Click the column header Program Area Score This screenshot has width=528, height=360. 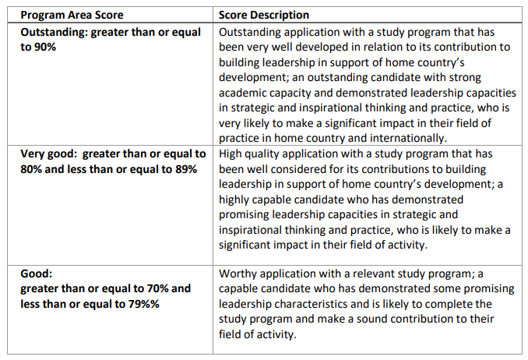tap(72, 15)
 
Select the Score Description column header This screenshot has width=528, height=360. tap(264, 15)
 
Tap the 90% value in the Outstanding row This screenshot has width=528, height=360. tap(45, 47)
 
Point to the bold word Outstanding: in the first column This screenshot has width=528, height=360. tap(54, 32)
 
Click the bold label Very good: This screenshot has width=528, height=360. tap(49, 154)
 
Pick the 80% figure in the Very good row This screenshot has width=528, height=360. tap(31, 169)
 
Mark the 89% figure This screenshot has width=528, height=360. tap(186, 169)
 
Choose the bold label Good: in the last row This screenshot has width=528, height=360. tap(37, 274)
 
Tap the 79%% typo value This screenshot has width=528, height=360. tap(143, 304)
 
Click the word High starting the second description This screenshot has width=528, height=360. tap(230, 154)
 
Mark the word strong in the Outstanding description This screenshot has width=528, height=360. tap(464, 77)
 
